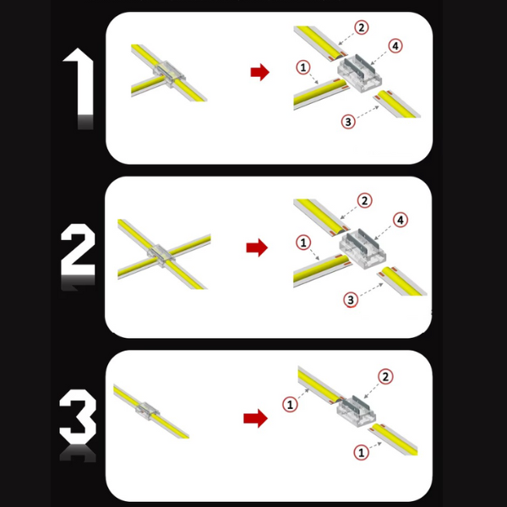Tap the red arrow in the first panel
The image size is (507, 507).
coord(260,72)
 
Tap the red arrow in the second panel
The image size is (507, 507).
coord(257,248)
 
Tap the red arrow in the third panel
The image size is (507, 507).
coord(255,418)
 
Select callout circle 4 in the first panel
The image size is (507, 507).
coord(395,46)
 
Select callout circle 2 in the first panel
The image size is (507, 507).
coord(362,28)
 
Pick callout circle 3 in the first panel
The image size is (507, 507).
coord(348,122)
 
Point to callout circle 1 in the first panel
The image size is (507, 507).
coord(303,68)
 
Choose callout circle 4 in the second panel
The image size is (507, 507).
coord(401,221)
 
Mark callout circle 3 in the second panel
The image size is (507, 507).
coord(351,300)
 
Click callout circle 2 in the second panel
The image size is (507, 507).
coord(365,201)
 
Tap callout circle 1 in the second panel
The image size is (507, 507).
coord(303,243)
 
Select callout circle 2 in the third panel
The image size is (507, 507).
coord(385,377)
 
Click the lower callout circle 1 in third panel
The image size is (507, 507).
coord(362,452)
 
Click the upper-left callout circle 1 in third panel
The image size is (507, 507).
coord(290,405)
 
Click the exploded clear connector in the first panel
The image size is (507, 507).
coord(360,74)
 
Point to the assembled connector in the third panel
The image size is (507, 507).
coord(147,411)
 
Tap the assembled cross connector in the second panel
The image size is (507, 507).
coord(161,253)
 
